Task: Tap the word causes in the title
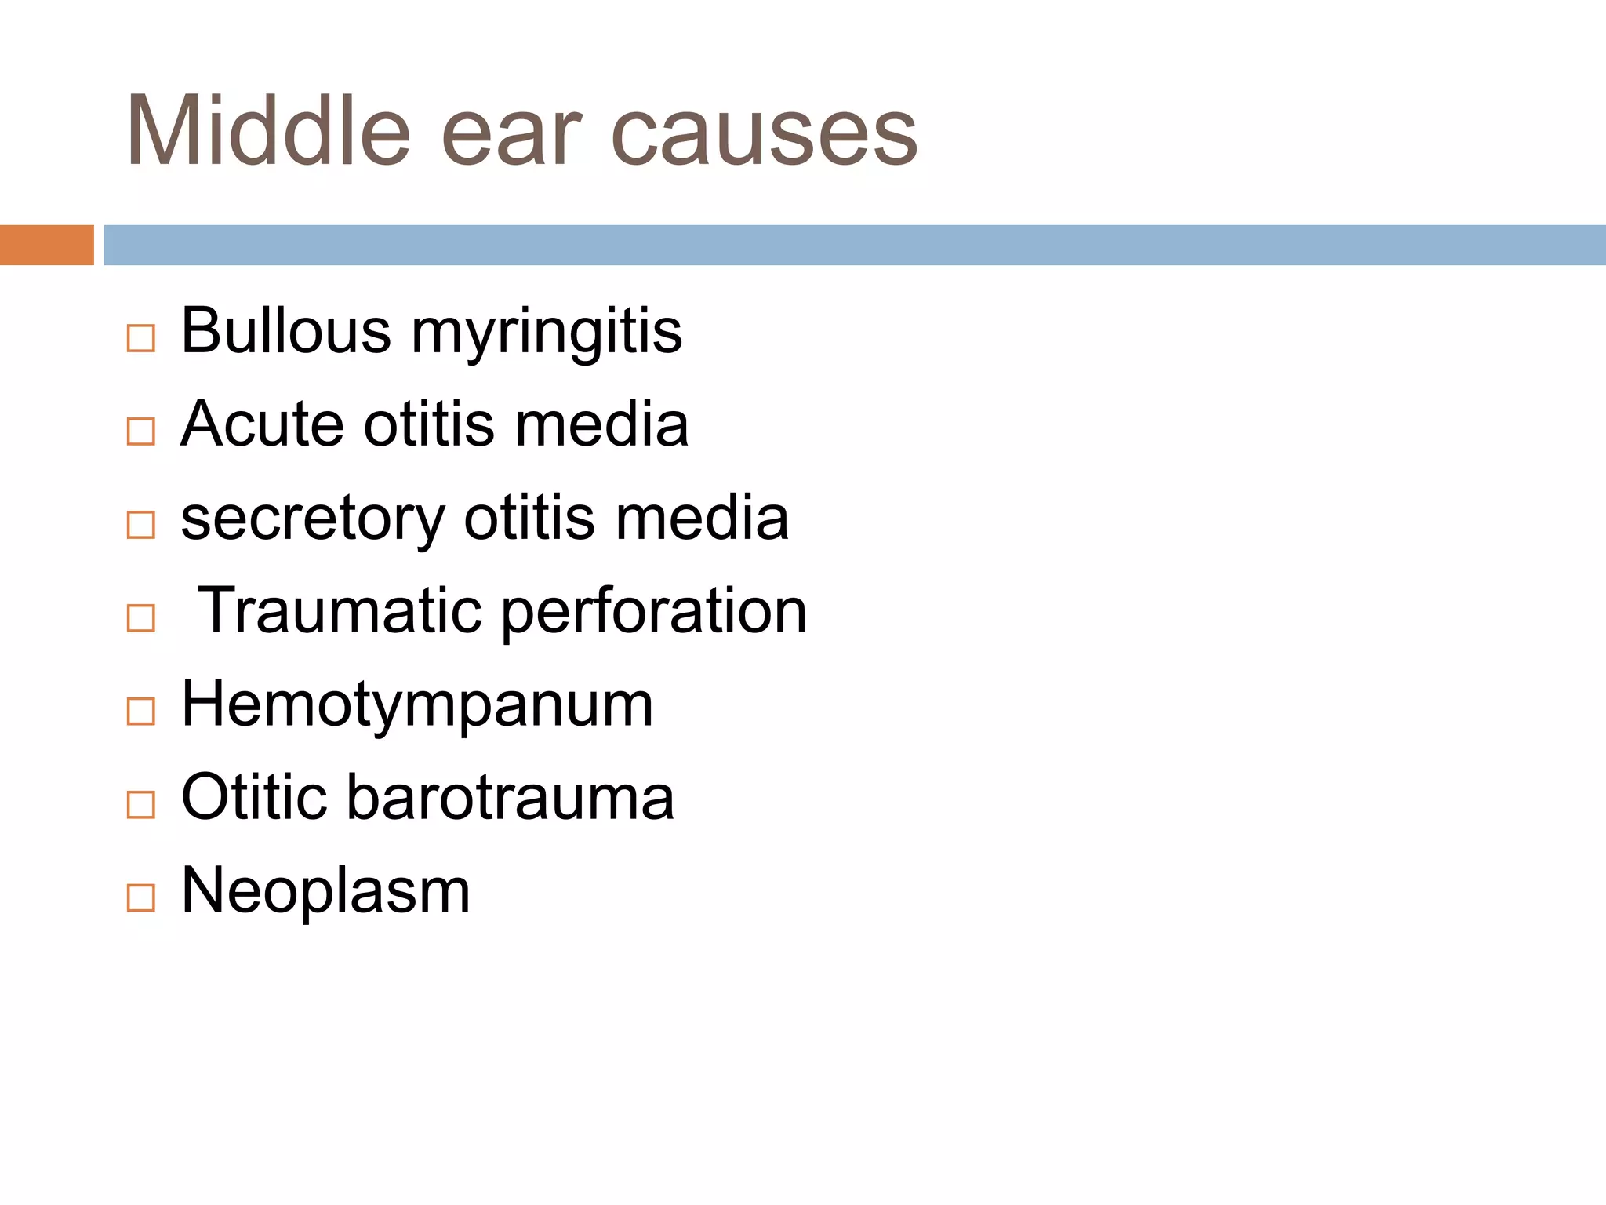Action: click(764, 135)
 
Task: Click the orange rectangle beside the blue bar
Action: click(46, 245)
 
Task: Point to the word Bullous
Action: click(285, 330)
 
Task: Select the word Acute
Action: click(262, 424)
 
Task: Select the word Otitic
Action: click(253, 797)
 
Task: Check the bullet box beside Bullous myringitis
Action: click(141, 339)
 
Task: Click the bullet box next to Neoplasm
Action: click(141, 897)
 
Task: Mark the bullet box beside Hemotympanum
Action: click(141, 712)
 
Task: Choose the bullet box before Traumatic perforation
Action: click(141, 618)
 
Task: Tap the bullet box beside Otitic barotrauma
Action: click(141, 805)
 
